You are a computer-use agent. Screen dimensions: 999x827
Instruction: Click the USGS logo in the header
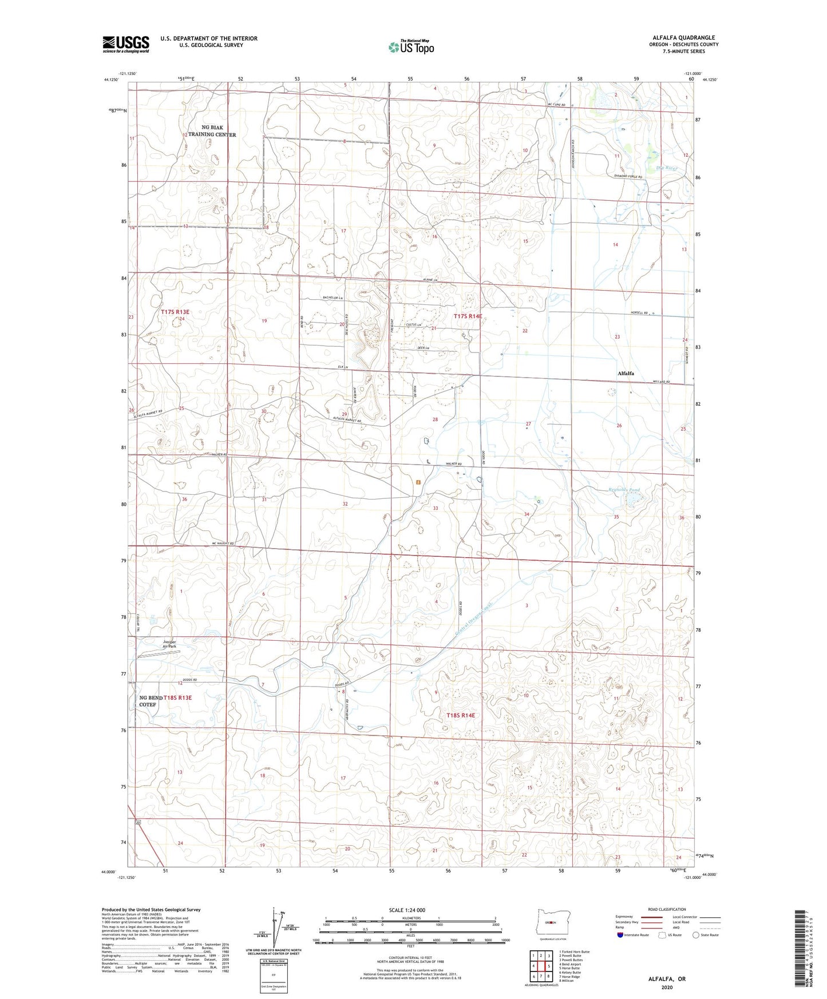coord(126,44)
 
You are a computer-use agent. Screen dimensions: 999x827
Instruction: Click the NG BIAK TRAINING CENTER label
coord(211,131)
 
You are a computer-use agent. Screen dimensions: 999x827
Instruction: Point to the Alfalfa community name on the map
coord(626,373)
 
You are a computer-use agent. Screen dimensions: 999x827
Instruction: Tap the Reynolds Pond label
coord(624,490)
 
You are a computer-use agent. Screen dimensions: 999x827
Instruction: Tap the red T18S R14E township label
coord(461,715)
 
